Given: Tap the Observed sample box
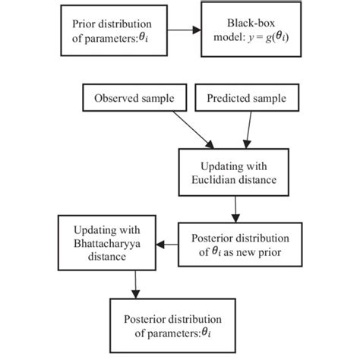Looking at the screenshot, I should pos(134,99).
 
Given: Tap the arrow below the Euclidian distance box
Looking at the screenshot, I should pos(237,209).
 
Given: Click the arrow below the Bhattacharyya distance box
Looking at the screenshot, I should pos(135,286).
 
